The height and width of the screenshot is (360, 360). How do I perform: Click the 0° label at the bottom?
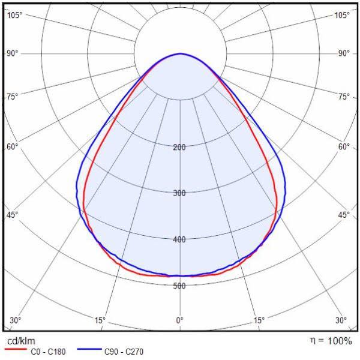180,320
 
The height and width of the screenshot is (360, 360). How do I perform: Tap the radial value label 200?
179,147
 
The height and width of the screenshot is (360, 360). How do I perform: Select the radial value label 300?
179,193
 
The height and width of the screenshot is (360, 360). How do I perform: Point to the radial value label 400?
179,239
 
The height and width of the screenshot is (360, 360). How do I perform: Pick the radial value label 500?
179,286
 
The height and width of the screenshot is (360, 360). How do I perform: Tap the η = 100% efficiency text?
331,341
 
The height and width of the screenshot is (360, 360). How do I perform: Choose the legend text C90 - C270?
124,352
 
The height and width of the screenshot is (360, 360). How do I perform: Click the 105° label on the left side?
14,14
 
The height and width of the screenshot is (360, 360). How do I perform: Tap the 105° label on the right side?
342,14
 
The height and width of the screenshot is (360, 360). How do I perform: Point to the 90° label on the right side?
344,53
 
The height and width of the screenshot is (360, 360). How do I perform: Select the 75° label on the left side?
13,96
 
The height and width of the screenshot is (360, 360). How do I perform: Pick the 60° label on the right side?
344,146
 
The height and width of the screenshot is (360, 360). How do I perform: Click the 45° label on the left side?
13,215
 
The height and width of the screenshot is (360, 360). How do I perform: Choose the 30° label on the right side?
341,320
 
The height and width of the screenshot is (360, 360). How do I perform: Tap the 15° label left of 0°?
100,320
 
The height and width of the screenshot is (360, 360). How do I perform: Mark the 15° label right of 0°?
259,320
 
